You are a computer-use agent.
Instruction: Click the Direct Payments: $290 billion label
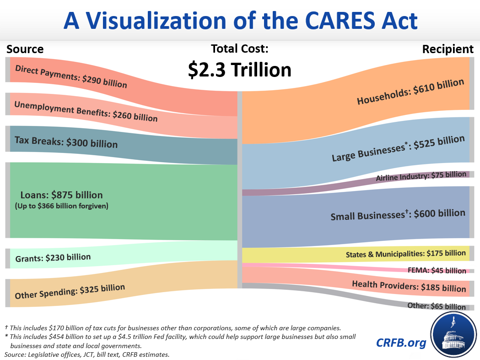coord(71,76)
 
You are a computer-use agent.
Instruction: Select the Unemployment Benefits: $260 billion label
coord(86,111)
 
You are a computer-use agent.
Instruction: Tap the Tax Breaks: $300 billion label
coord(66,142)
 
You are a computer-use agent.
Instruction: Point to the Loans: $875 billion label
coord(61,195)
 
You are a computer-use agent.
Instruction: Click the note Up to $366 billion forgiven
coord(61,206)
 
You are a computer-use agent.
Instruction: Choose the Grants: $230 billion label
coord(53,258)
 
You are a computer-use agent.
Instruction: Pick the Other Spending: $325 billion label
coord(70,291)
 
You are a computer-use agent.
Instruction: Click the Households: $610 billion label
coord(410,92)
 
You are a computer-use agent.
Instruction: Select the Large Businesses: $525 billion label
coord(398,149)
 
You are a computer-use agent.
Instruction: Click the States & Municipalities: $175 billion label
coord(405,253)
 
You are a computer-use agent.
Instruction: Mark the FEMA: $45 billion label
coord(437,270)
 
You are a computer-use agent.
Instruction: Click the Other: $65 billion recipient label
coord(437,306)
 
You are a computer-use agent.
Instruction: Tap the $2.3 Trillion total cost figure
coord(239,70)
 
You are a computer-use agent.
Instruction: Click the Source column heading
coord(25,49)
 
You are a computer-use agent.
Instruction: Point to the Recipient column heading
coord(448,49)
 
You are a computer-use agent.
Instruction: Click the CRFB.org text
coord(401,342)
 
